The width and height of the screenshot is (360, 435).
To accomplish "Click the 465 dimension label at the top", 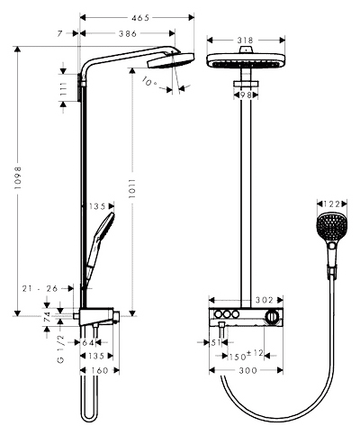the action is [x=140, y=18].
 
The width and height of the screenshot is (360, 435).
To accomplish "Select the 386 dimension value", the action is [x=128, y=33].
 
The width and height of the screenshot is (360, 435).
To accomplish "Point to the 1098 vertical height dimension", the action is [x=18, y=177].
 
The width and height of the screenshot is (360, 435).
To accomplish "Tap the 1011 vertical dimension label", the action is [x=132, y=189].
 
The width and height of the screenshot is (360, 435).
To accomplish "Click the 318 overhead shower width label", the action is [x=245, y=40].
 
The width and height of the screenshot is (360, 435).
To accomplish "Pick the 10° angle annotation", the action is [x=149, y=81].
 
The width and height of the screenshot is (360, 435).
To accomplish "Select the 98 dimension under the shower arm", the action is [x=246, y=95].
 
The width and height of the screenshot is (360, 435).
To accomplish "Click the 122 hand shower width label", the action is [x=331, y=204].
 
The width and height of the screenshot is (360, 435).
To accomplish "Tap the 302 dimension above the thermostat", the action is [x=265, y=300].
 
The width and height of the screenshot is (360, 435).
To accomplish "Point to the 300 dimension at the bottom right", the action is [x=248, y=370].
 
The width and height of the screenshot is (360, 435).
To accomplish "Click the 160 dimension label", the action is [x=99, y=370].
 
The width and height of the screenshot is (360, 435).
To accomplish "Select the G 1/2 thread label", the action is [x=60, y=349].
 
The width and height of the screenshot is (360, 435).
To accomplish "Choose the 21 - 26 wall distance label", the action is [x=40, y=288].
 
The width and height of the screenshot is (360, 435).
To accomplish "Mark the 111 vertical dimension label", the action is [x=63, y=88].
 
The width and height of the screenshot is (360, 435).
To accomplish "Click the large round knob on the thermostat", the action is [x=272, y=317].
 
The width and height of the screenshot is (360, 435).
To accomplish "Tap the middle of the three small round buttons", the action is [x=226, y=314].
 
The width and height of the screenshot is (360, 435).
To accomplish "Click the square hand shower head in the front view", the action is [x=332, y=227].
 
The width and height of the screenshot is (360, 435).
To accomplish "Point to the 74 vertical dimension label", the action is [x=47, y=317].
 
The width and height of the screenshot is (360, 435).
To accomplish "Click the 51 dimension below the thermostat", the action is [x=216, y=342].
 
